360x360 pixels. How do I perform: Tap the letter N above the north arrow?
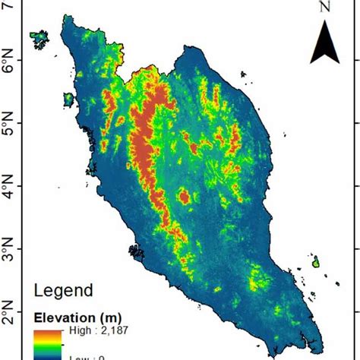325,7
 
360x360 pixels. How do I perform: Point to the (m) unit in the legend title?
109,317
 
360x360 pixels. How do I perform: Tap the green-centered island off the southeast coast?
315,263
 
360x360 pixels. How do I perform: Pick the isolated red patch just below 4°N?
184,197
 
